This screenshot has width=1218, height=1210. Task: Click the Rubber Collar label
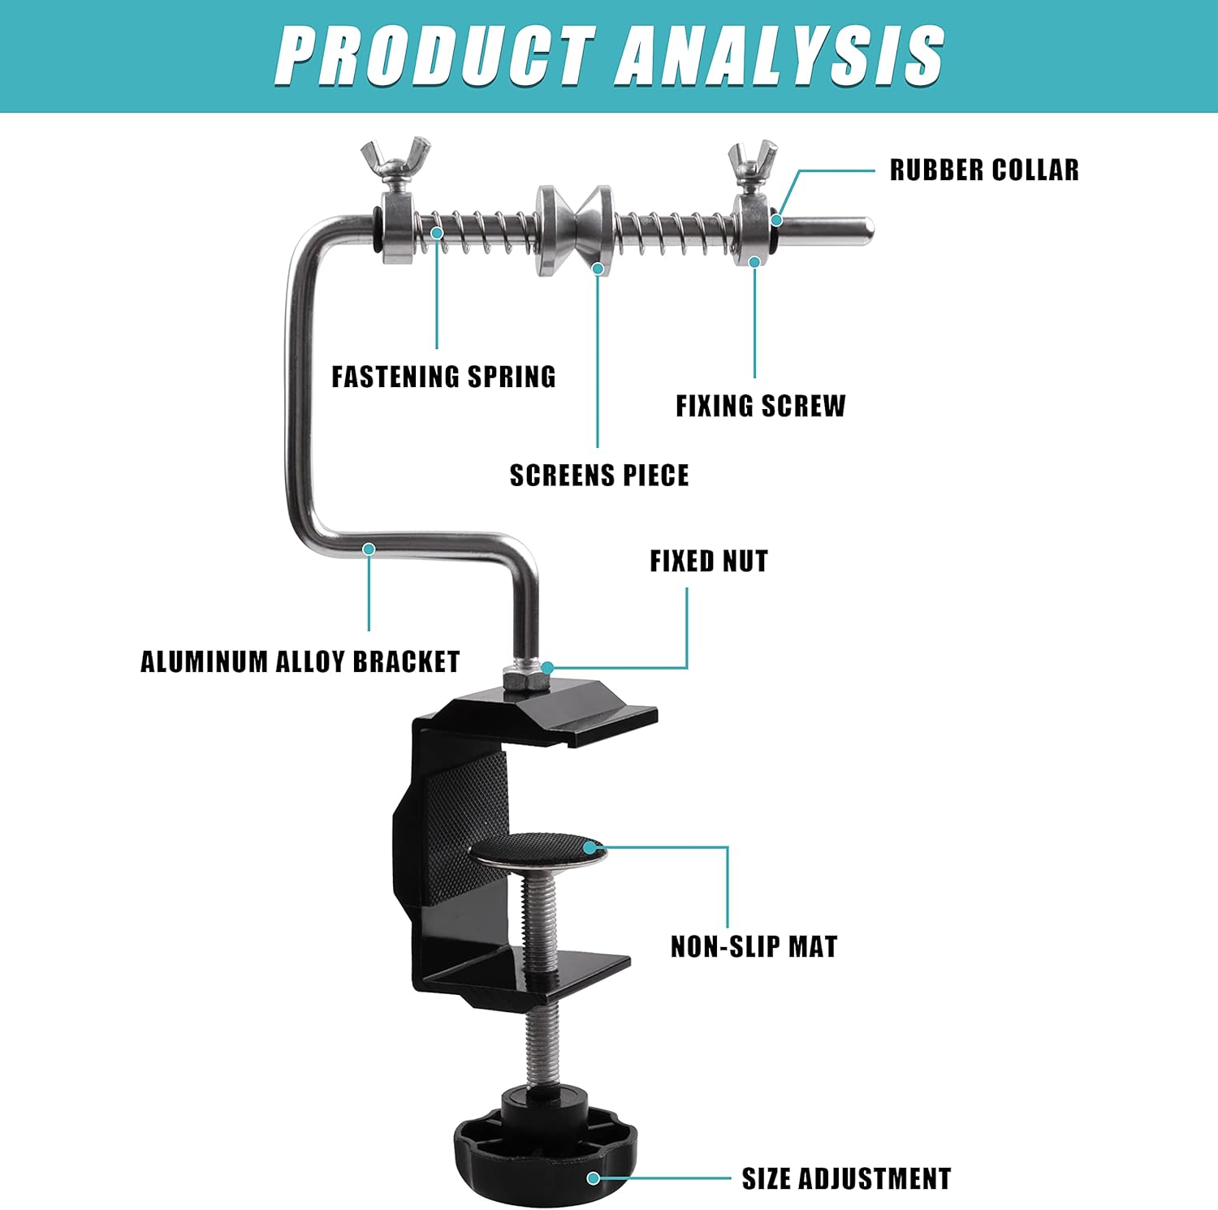[x=983, y=170]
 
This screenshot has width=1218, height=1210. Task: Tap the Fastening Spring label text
[x=443, y=377]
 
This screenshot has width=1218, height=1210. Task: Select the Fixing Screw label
[x=760, y=406]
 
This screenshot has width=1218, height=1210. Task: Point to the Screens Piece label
[x=598, y=476]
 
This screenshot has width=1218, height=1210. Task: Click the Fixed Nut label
[x=708, y=561]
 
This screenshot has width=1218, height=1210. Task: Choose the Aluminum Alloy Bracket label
[x=300, y=661]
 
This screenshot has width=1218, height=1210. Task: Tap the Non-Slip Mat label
[x=754, y=946]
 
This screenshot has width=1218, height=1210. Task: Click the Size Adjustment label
[x=846, y=1178]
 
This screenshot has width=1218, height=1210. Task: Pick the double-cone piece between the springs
[x=574, y=230]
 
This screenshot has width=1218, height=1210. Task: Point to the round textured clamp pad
[x=538, y=850]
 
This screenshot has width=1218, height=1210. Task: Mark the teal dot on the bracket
[x=369, y=549]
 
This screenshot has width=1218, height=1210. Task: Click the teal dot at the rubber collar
[x=777, y=219]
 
